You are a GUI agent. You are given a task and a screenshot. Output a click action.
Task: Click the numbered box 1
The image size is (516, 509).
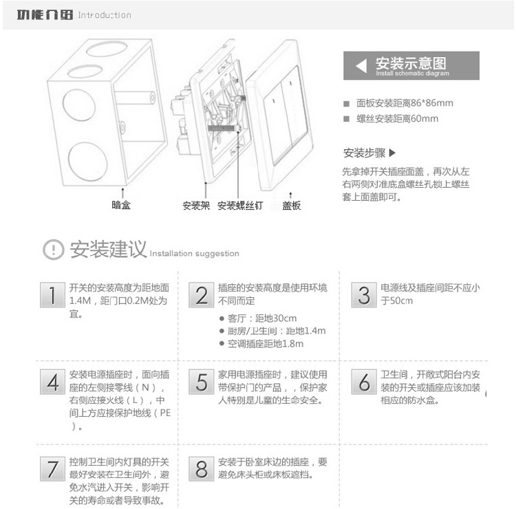tap(52, 295)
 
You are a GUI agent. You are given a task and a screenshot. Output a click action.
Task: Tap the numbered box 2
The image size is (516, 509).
tap(201, 295)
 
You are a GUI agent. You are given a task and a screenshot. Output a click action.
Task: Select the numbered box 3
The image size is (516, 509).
tap(364, 295)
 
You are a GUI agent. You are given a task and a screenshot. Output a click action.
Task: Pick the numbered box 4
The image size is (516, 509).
tap(52, 382)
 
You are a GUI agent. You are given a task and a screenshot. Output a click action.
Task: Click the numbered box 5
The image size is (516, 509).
tap(201, 382)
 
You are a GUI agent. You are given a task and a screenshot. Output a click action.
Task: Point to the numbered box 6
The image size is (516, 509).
tap(364, 382)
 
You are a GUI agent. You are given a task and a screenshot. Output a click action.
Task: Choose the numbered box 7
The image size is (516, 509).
tap(52, 469)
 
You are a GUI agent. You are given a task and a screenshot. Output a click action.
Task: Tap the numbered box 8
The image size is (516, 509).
tap(201, 469)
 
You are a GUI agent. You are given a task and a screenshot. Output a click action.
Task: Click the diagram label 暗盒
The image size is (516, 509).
tap(121, 205)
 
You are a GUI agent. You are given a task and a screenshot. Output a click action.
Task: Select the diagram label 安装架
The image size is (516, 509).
tap(196, 206)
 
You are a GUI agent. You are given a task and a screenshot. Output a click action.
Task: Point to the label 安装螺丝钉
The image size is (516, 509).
tap(240, 206)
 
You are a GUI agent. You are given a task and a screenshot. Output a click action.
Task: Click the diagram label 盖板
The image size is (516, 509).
tap(291, 206)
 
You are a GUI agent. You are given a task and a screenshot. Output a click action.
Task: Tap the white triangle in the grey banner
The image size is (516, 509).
tap(362, 66)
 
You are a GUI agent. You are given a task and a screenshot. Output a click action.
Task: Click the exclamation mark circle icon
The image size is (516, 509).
tap(53, 250)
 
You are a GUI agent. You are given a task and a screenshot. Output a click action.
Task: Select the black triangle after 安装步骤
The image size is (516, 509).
tap(392, 153)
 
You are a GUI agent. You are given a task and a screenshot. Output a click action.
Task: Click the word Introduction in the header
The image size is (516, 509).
tap(105, 15)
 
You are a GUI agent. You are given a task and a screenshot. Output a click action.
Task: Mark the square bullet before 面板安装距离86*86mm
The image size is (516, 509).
tap(346, 104)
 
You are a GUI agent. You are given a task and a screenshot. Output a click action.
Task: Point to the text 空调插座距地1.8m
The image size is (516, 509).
tap(266, 344)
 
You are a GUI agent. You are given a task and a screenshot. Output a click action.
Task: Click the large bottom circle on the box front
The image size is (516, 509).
tap(88, 162)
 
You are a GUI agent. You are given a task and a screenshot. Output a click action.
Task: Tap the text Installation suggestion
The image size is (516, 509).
tap(195, 254)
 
